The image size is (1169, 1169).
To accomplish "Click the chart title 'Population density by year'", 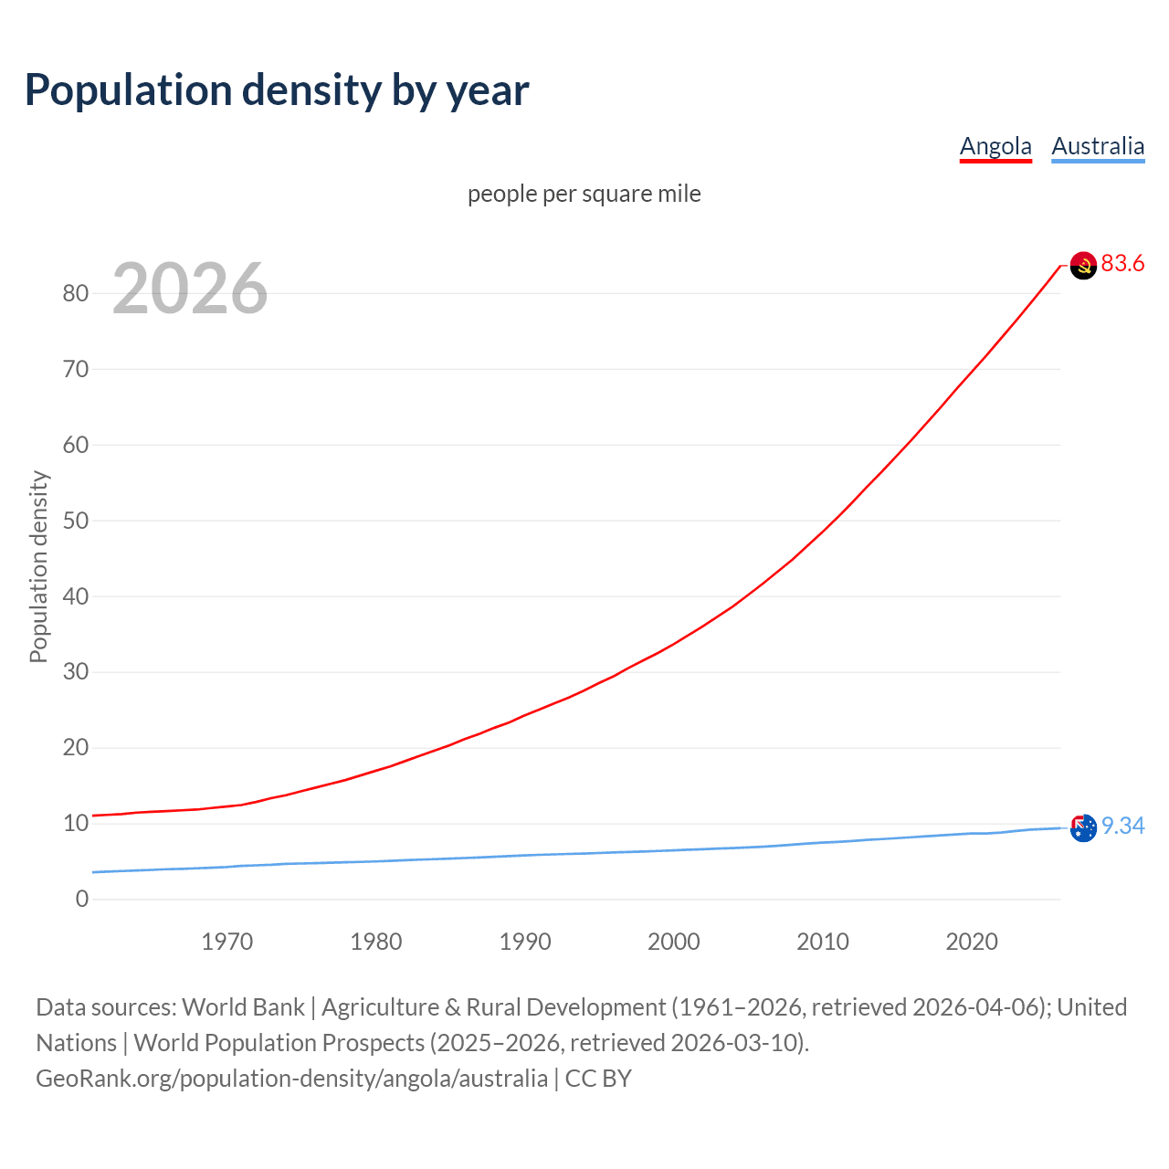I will point(277,90).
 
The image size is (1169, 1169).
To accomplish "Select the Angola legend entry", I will point(995,146).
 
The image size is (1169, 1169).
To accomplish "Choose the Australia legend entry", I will point(1098,146).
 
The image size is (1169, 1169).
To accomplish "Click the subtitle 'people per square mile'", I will point(584,195).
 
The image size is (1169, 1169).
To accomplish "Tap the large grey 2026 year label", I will point(190,289).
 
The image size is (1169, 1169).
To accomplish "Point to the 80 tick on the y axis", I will point(76,293).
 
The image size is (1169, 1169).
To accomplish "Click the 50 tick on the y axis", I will point(76,521).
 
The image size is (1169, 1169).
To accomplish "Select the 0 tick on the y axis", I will point(82,900).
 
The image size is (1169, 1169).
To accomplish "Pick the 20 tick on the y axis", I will point(76,748).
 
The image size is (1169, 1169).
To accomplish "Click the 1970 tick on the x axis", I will point(227,942).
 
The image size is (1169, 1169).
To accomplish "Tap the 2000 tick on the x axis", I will point(674,942).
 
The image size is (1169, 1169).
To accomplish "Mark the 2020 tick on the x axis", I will point(972,942).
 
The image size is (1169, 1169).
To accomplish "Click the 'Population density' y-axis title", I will point(38,566).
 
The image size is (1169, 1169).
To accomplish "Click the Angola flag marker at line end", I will point(1083,266).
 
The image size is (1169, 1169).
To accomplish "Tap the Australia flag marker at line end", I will point(1083,828).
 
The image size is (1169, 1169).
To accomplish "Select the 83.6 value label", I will point(1122,264).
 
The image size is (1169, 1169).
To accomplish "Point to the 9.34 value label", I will point(1122,827).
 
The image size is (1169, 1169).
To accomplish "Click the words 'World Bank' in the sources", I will point(243,1007).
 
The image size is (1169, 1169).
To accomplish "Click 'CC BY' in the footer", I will point(598,1079).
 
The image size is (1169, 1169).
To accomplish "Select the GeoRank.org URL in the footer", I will point(291,1079).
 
